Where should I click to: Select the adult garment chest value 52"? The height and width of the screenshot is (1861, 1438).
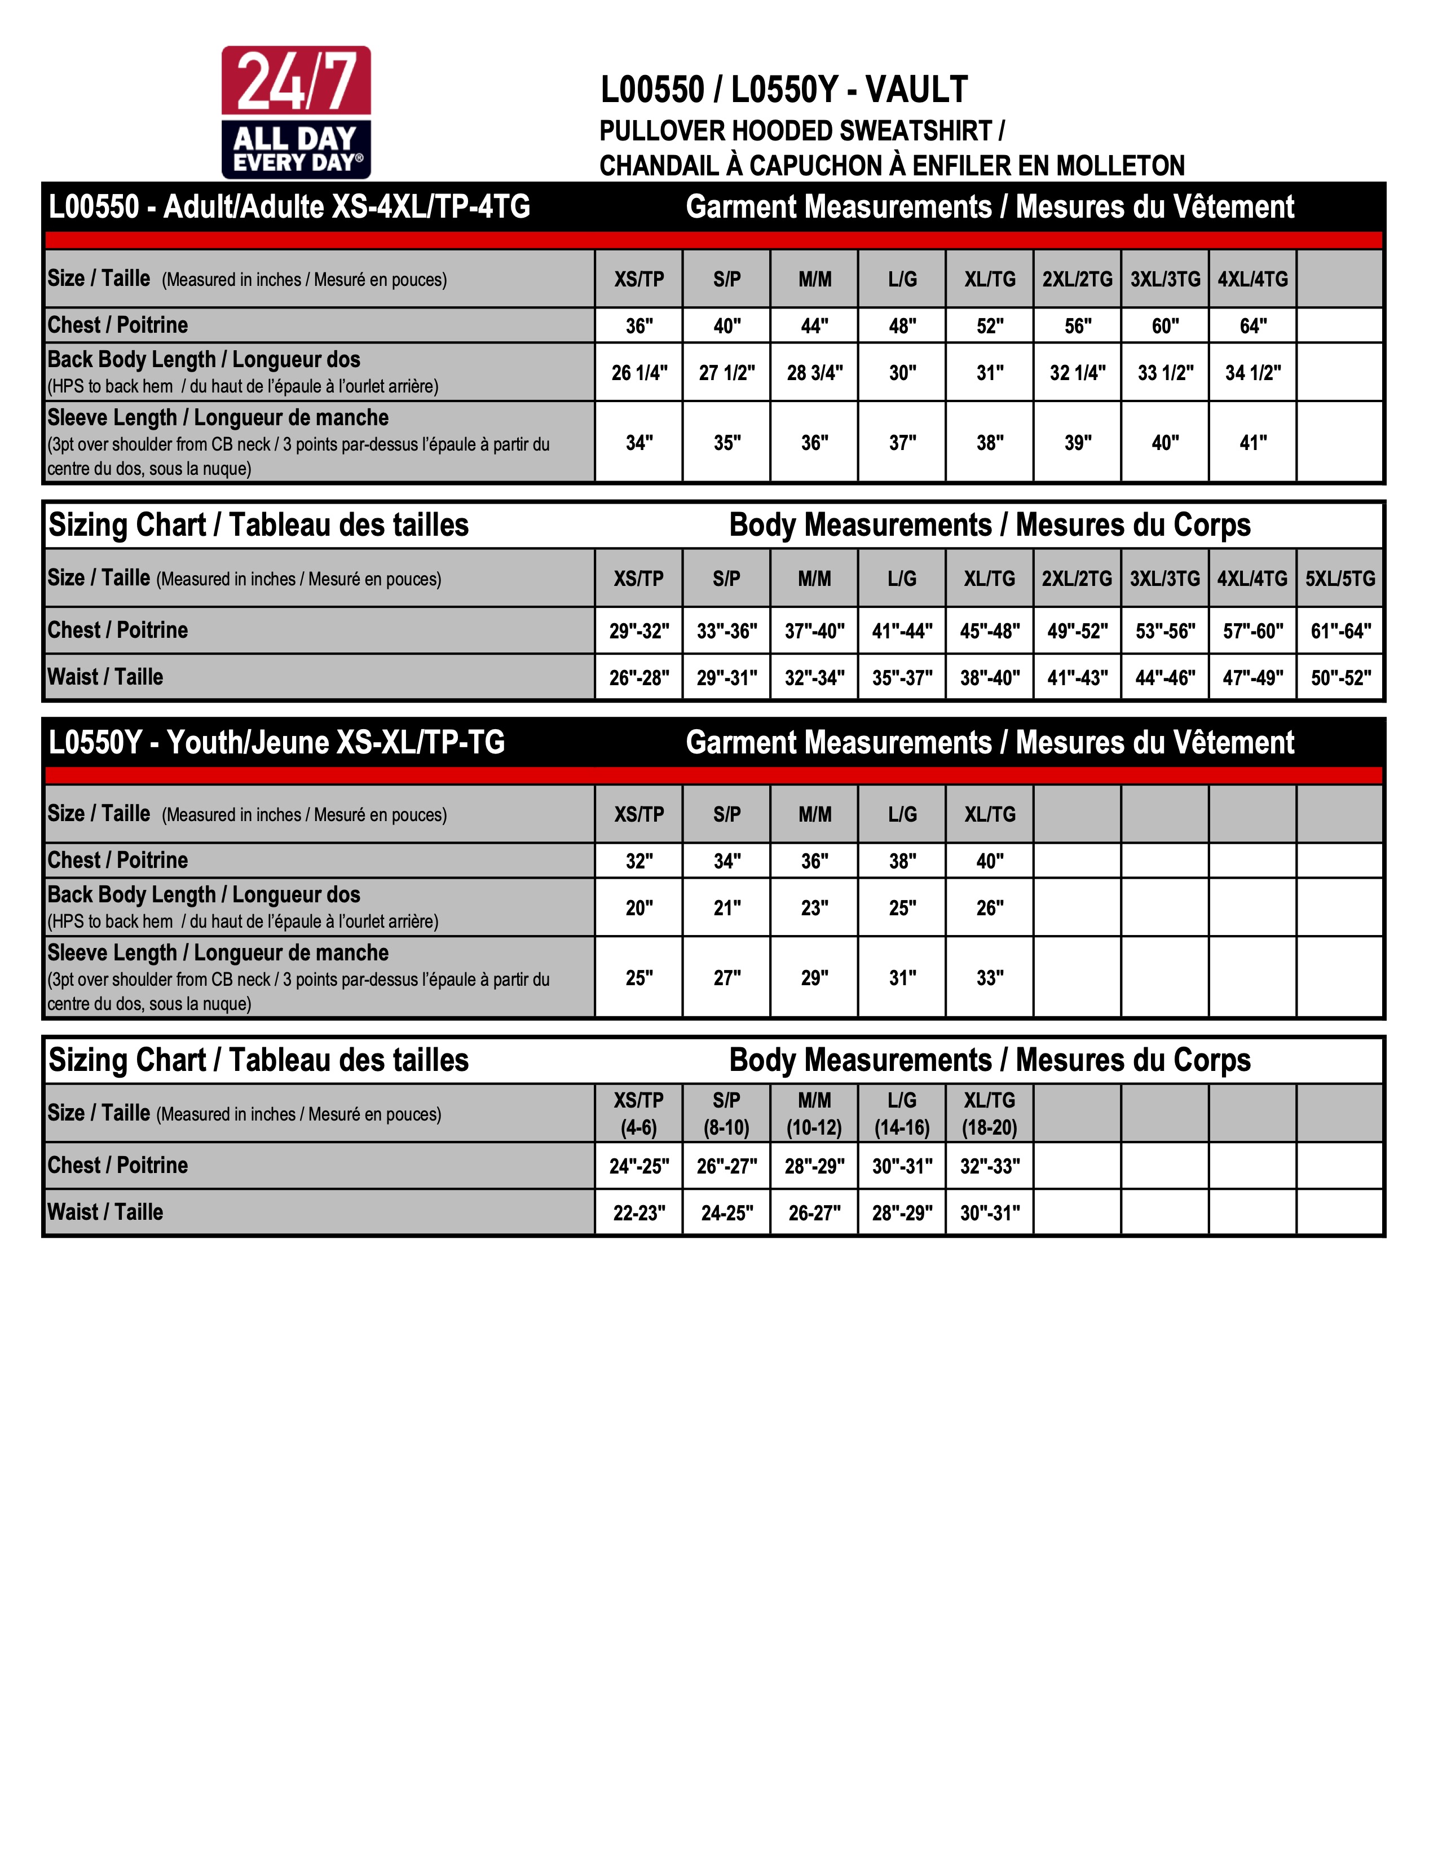[x=990, y=325]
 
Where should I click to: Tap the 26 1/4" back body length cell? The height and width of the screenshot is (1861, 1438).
[x=639, y=372]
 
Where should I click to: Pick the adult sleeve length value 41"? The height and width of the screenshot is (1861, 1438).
[x=1252, y=442]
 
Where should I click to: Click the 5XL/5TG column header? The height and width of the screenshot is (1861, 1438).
[x=1340, y=579]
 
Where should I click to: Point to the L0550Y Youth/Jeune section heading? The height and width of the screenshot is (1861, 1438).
[x=277, y=742]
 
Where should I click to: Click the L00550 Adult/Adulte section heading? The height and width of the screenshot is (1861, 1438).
[x=290, y=207]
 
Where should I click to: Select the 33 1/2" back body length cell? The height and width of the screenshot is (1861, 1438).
[x=1166, y=372]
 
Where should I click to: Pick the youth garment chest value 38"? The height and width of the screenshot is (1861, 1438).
[x=902, y=861]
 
